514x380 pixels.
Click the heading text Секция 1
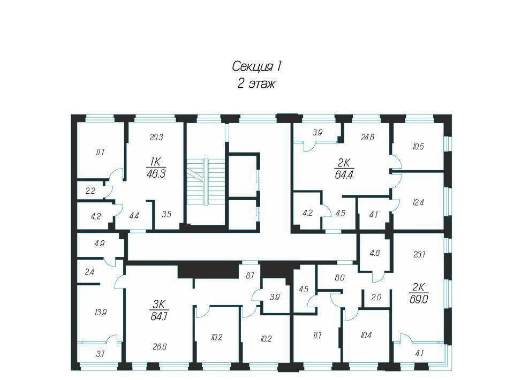coord(256,66)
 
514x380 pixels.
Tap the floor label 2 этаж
coord(256,84)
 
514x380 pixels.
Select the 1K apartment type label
coord(156,162)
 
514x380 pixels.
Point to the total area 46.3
coord(156,173)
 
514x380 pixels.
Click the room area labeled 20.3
coord(156,138)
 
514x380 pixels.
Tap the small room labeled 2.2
coord(90,191)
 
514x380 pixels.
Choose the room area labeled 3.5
coord(167,214)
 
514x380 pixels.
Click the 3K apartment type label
coord(160,305)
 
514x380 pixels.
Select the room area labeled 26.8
coord(160,347)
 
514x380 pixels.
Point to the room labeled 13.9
coord(100,313)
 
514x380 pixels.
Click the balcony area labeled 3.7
coord(100,354)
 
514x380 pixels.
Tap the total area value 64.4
coord(344,175)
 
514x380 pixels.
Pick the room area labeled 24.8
coord(367,138)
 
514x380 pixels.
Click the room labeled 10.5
coord(418,147)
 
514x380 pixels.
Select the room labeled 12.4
coord(418,202)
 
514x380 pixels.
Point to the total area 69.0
coord(419,299)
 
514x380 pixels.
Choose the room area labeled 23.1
coord(419,254)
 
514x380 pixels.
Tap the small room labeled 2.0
coord(376,298)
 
